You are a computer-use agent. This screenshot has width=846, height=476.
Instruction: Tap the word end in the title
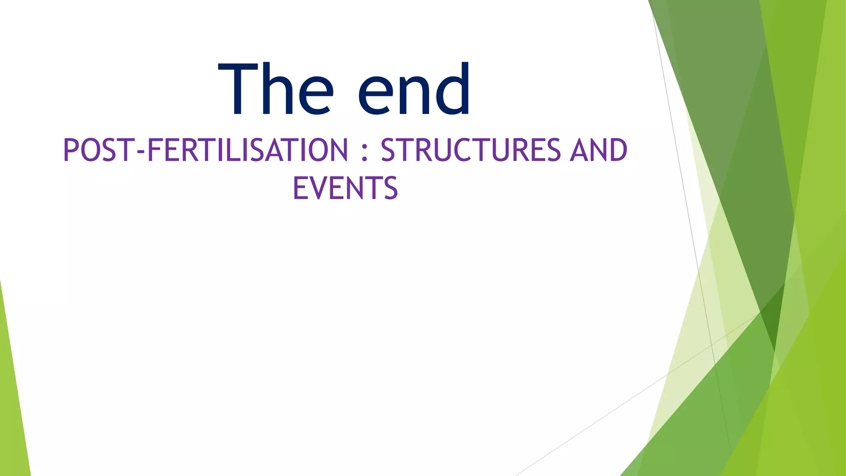pyautogui.click(x=414, y=89)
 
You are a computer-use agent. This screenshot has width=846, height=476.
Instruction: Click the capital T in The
pyautogui.click(x=238, y=89)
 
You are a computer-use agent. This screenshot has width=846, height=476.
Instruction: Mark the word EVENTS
pyautogui.click(x=345, y=188)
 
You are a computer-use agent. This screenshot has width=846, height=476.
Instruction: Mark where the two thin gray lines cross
pyautogui.click(x=712, y=344)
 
